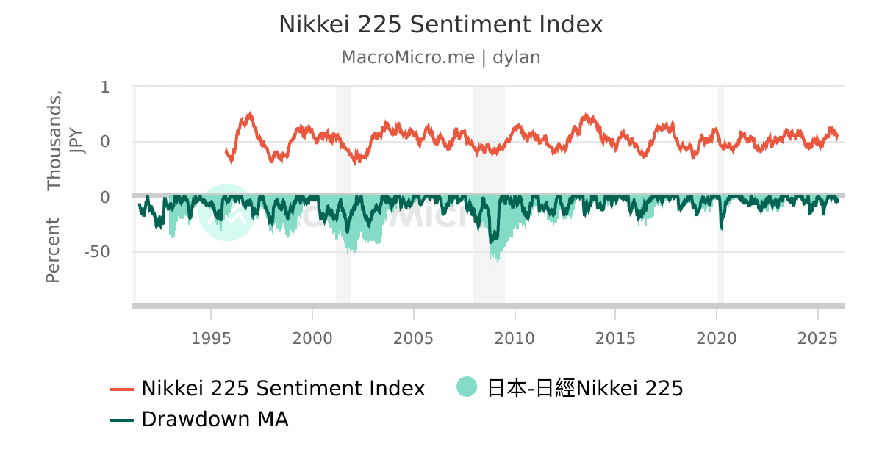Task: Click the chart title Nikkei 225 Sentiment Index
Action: coord(440,24)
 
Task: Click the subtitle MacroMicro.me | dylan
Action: coord(440,57)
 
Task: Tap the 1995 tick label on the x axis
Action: coord(211,338)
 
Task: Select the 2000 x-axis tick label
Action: coord(312,338)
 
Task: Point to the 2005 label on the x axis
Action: coord(414,338)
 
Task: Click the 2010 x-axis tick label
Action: coord(514,338)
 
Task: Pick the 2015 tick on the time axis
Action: coord(615,338)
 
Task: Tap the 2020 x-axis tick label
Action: coord(717,338)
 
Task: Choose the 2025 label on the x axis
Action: coord(817,338)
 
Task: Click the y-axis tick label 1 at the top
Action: coord(104,87)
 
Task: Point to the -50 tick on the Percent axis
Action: coord(96,252)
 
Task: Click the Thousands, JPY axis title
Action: coord(65,141)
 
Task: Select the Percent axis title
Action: coord(53,251)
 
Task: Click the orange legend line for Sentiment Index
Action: coord(122,389)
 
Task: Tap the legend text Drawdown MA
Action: coord(215,420)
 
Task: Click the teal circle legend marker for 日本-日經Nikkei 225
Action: coord(467,387)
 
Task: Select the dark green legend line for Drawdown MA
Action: coord(122,420)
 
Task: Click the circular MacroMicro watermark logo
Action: coord(226,212)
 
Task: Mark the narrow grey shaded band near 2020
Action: coord(721,194)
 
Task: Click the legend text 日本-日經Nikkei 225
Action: coord(585,388)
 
